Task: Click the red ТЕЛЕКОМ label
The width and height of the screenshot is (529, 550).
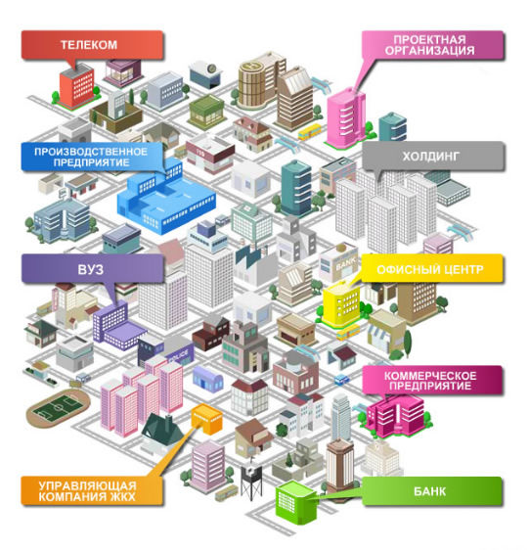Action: click(x=92, y=45)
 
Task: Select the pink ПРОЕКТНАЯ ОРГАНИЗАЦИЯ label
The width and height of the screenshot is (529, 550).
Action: click(x=432, y=45)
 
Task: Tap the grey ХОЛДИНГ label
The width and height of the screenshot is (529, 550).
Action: click(x=433, y=156)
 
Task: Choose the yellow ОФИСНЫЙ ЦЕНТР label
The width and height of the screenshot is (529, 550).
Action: click(x=432, y=269)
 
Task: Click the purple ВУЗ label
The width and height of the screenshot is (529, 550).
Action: click(x=93, y=269)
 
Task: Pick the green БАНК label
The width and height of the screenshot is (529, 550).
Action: click(x=432, y=491)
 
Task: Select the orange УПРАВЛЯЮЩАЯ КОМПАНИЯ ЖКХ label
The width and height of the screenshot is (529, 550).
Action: click(x=92, y=490)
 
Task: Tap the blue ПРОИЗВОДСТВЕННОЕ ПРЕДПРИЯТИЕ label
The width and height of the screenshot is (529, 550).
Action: click(x=92, y=157)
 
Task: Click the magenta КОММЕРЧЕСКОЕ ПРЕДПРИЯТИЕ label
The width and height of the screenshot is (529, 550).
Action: click(x=432, y=381)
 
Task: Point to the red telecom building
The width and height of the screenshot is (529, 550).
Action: click(x=75, y=86)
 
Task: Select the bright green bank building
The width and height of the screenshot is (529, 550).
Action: click(x=296, y=502)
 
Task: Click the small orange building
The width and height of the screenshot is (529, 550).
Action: click(x=207, y=419)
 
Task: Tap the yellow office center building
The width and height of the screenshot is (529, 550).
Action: click(x=342, y=303)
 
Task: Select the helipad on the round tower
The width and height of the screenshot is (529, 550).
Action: click(x=252, y=66)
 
